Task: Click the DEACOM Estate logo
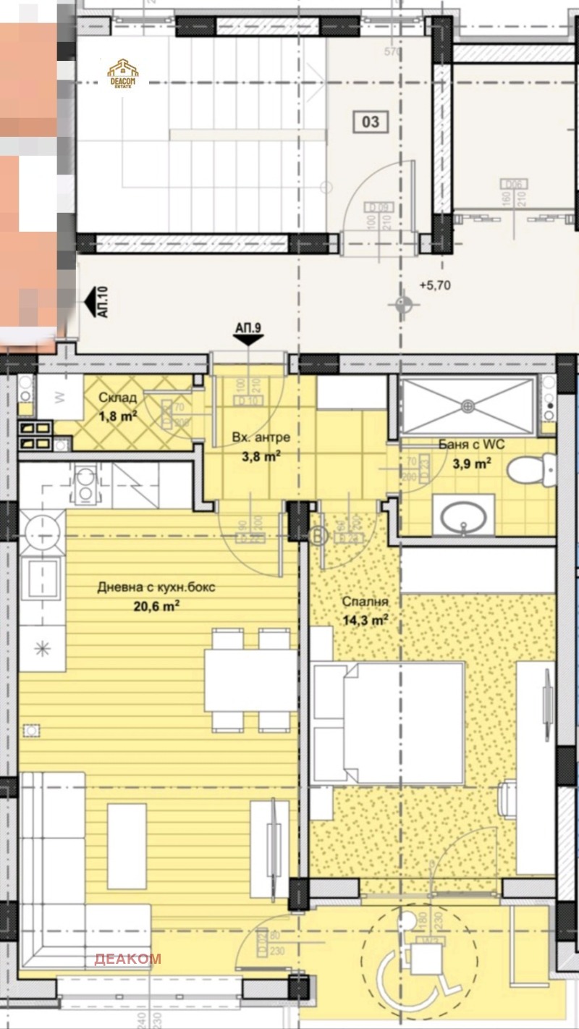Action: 123,73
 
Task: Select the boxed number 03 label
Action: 370,122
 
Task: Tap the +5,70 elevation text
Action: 434,285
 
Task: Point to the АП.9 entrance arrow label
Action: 248,328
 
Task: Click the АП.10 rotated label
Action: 101,303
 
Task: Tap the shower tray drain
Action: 467,406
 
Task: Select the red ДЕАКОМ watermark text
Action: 127,959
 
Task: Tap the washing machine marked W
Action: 59,397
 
